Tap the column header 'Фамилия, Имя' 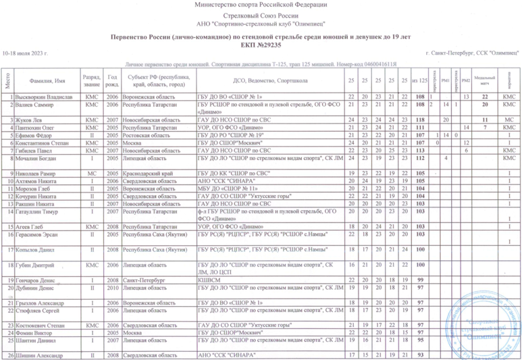click(48, 79)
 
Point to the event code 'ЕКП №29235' click(261, 44)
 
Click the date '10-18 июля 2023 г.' click(25, 53)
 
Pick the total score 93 click(421, 355)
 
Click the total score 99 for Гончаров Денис click(421, 279)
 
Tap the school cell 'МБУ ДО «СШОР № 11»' click(229, 188)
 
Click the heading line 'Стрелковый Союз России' click(261, 16)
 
